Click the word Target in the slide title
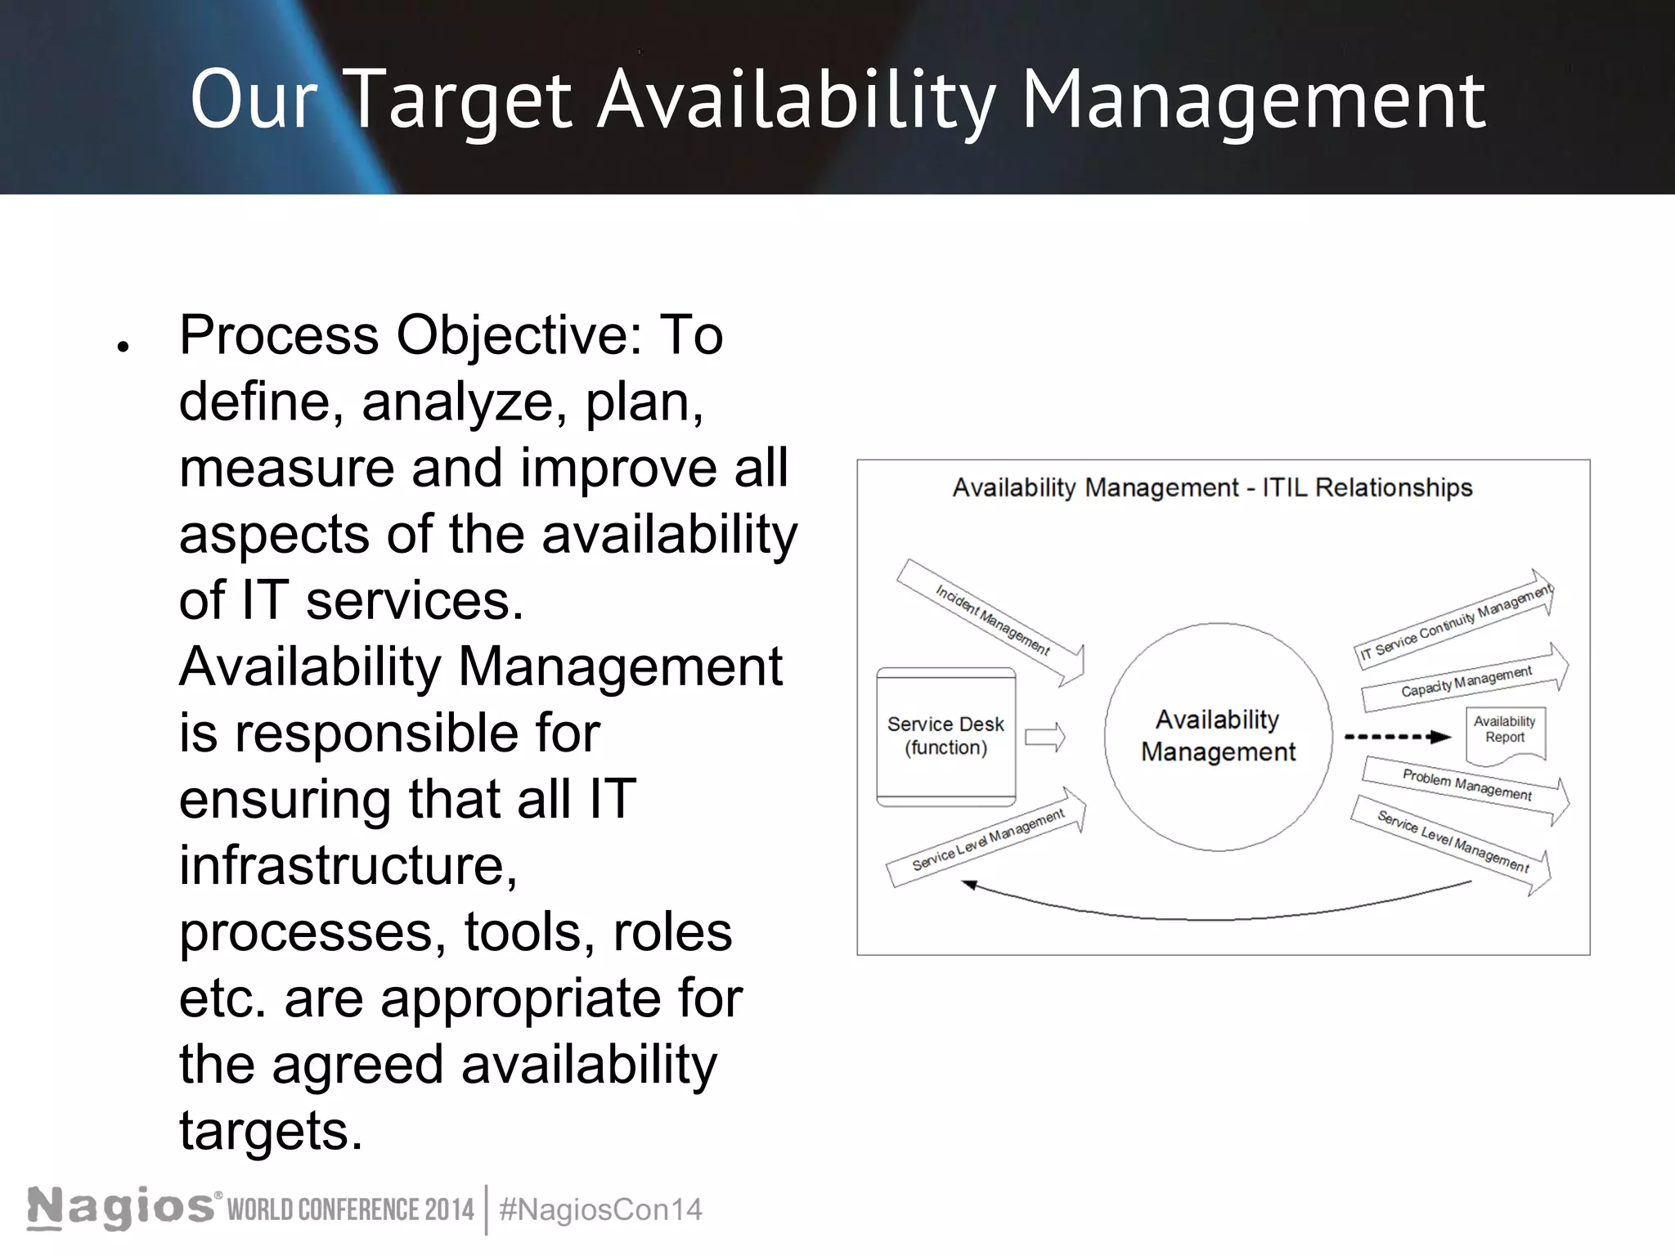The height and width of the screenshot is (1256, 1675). pyautogui.click(x=460, y=101)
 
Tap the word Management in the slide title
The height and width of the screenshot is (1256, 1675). pyautogui.click(x=1253, y=101)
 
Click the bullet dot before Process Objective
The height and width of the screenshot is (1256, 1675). pyautogui.click(x=123, y=347)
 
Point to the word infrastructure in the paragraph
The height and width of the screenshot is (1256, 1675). pyautogui.click(x=348, y=865)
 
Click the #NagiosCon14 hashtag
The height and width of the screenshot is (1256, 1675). pyautogui.click(x=600, y=1209)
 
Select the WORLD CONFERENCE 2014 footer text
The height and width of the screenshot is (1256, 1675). pyautogui.click(x=350, y=1209)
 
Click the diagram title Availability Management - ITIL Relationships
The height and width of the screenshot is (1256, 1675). pyautogui.click(x=1212, y=488)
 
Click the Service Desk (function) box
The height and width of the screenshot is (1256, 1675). pyautogui.click(x=945, y=736)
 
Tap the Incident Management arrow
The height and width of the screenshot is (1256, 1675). pyautogui.click(x=991, y=620)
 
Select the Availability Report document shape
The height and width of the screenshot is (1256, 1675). pyautogui.click(x=1505, y=733)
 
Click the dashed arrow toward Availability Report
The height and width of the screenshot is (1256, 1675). pyautogui.click(x=1397, y=737)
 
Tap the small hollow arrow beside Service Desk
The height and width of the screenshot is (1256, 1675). pyautogui.click(x=1045, y=737)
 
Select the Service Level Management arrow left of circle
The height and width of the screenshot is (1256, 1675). pyautogui.click(x=988, y=839)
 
